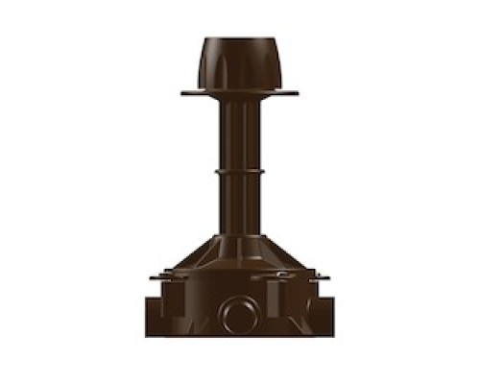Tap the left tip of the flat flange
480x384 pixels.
(x=182, y=93)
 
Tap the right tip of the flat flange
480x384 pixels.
(x=297, y=93)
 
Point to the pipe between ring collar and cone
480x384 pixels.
(x=239, y=206)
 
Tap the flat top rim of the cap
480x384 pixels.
(x=239, y=39)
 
